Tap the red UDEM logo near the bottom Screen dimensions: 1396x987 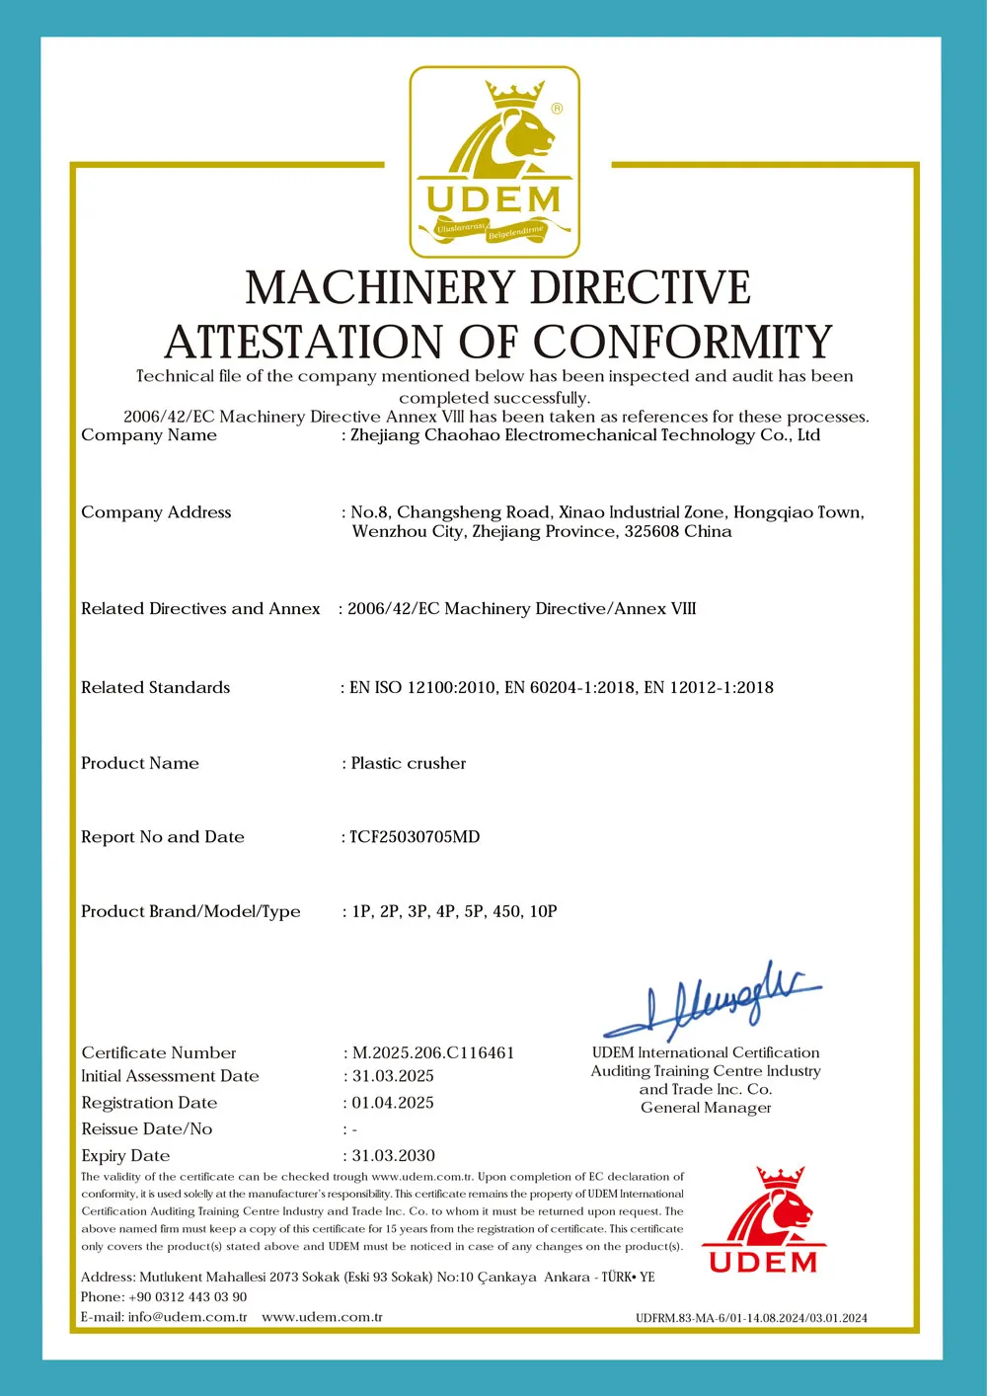point(764,1221)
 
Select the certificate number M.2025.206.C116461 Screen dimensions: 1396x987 point(433,1052)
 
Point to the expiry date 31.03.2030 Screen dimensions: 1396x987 point(393,1155)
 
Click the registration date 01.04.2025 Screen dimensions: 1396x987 point(393,1103)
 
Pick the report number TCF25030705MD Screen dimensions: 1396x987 point(415,837)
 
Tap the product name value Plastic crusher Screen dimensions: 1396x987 point(409,763)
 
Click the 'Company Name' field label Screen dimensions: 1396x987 point(149,435)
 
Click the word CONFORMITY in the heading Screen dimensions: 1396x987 point(683,343)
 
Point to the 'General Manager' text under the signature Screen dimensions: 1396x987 point(706,1108)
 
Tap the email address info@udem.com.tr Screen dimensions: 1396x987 point(188,1317)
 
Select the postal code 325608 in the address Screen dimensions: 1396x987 point(651,531)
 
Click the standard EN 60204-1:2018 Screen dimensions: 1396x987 point(570,687)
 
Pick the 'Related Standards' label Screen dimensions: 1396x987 point(155,687)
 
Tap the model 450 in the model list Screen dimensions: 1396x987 point(506,911)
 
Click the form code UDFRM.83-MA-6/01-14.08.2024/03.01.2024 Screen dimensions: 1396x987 point(751,1318)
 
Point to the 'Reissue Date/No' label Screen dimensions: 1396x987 point(146,1128)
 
